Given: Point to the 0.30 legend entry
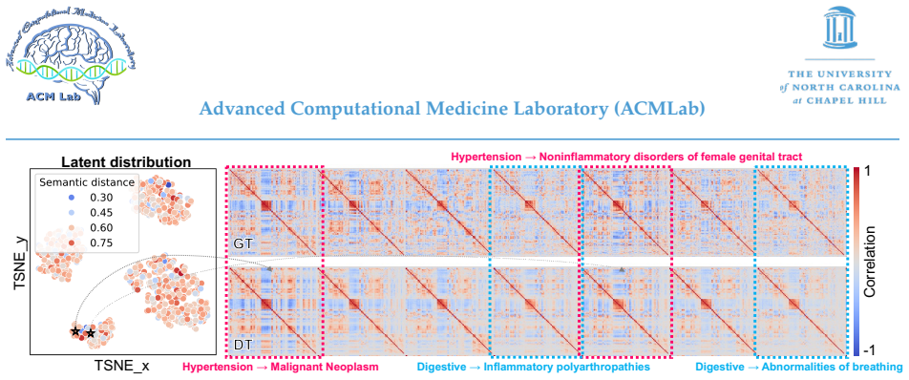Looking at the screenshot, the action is point(94,198).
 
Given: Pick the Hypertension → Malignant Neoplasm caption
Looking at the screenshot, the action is point(281,367).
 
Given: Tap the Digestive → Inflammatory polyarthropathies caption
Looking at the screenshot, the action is point(533,367).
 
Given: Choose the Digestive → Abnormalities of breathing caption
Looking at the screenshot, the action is point(799,367).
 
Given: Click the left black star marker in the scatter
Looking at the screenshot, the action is point(74,331).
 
